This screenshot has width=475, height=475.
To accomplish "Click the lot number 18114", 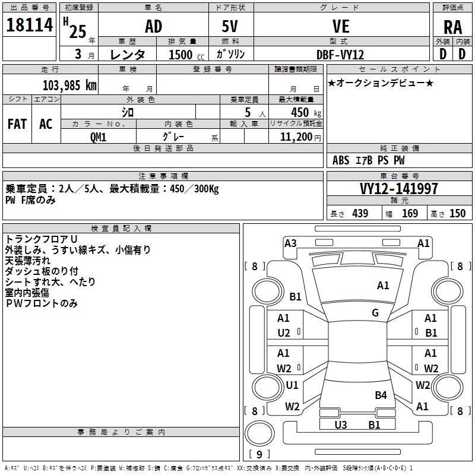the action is coord(29,25).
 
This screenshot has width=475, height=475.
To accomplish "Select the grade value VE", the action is coord(341,26).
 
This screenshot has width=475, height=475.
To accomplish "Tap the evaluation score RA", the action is coord(452,27).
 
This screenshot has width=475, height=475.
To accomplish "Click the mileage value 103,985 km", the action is coord(69,85).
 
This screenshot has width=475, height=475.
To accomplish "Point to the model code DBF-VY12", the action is coord(340,55).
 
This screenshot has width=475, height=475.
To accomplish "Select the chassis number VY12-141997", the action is coord(398,189).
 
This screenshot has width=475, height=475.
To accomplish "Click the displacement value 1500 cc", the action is coord(186,55).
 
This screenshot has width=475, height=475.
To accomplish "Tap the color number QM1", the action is coord(98,137).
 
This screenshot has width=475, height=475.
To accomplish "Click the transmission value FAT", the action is coord(17,124).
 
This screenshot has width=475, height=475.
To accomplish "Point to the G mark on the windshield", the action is coord(375,312).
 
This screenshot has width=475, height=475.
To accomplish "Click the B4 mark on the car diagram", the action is coord(381,395).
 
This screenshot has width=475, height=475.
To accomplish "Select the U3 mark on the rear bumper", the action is coord(341,425).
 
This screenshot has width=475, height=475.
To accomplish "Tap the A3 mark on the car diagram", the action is coord(290,243).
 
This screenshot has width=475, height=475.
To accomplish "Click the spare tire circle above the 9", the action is coord(259,433).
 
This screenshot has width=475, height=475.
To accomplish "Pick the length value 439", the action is coord(360,213).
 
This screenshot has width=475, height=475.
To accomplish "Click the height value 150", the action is coord(457,213).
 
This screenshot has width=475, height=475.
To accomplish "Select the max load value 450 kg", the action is coord(306,112).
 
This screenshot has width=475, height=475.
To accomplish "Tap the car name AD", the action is coord(154,26).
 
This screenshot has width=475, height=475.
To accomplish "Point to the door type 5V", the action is coord(230,26).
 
